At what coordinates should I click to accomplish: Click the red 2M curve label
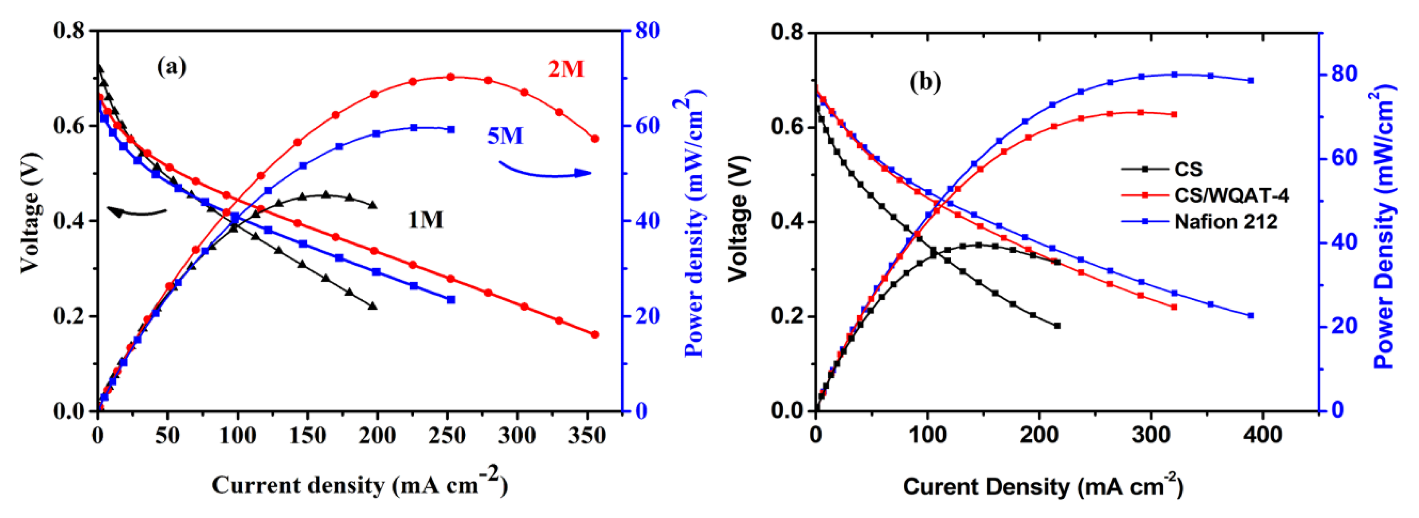click(566, 69)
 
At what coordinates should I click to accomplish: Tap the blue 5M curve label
click(505, 135)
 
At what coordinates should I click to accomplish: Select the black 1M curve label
click(425, 220)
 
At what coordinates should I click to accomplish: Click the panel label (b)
click(925, 82)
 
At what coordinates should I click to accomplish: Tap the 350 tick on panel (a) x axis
click(587, 437)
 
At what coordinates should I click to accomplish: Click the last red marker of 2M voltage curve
click(594, 334)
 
